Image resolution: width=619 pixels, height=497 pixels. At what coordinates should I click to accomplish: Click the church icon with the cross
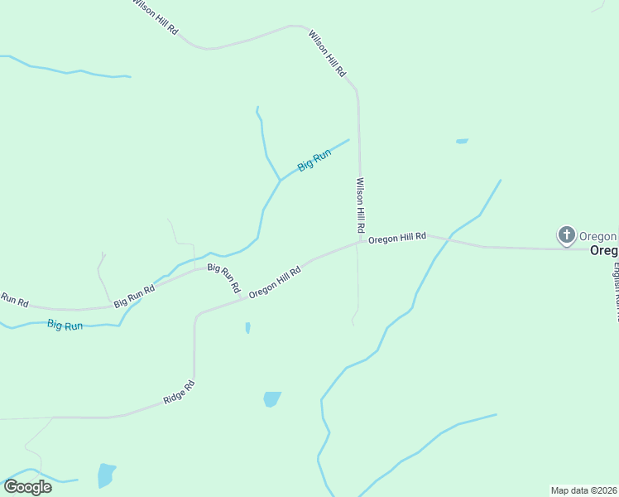click(566, 236)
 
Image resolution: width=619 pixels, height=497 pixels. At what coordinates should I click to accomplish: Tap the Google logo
click(27, 486)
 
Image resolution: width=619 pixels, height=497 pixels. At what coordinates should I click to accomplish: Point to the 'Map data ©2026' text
click(583, 490)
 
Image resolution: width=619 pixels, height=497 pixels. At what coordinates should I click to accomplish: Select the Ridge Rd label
click(179, 392)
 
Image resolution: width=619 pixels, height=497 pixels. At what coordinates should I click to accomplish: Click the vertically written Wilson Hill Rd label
click(361, 204)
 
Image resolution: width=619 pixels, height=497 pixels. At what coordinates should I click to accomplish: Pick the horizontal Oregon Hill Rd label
click(397, 238)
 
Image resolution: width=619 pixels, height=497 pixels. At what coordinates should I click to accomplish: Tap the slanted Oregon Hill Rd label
click(274, 282)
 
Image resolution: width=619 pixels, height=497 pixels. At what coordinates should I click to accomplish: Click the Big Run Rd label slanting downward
click(223, 278)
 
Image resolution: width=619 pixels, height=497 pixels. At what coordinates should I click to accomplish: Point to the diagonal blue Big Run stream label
click(314, 159)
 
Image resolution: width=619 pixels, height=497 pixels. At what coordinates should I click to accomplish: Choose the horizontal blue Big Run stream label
click(65, 326)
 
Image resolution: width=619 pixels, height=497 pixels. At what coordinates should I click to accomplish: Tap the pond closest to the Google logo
click(106, 475)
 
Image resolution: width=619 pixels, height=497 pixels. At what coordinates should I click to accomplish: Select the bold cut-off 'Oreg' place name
click(603, 251)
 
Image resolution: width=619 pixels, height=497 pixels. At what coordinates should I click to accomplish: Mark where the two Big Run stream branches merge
click(280, 180)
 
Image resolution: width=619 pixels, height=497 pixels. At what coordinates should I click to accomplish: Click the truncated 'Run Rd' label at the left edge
click(14, 299)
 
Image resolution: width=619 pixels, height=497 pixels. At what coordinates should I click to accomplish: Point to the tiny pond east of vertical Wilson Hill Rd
click(462, 141)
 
